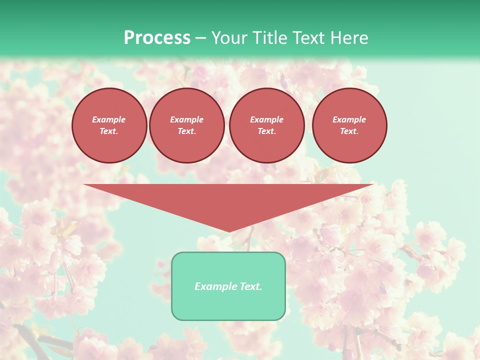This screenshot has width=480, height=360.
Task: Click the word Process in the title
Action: (x=157, y=38)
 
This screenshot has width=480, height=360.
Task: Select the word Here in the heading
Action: (x=348, y=38)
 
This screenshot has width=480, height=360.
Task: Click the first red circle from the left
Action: (x=109, y=125)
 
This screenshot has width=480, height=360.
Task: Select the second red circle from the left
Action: (x=187, y=125)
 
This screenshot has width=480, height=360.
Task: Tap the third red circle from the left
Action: (x=267, y=125)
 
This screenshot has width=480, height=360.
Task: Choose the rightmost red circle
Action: (x=349, y=125)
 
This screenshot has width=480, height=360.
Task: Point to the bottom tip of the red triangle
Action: (x=229, y=231)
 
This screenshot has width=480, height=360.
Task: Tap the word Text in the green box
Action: (x=250, y=286)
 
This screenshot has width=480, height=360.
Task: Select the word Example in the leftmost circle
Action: (x=109, y=119)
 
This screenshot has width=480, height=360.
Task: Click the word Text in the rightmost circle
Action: (x=349, y=131)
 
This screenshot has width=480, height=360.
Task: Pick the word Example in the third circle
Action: (x=266, y=119)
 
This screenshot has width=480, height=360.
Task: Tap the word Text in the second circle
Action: (x=186, y=131)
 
